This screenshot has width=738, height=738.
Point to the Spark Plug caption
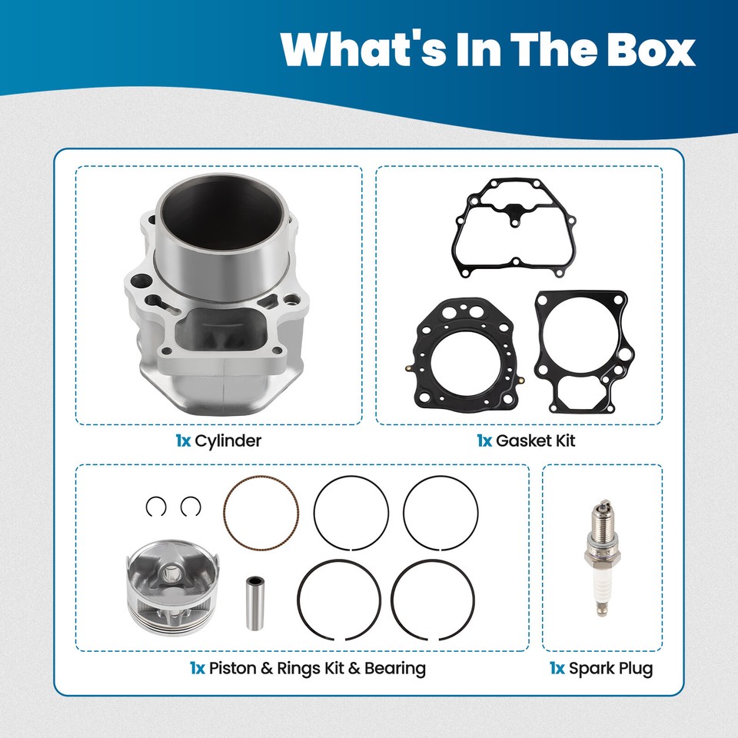point(610,668)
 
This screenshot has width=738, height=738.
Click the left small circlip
point(156,506)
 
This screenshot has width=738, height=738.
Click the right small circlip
point(191,506)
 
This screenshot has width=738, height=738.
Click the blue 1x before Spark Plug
point(557,668)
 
